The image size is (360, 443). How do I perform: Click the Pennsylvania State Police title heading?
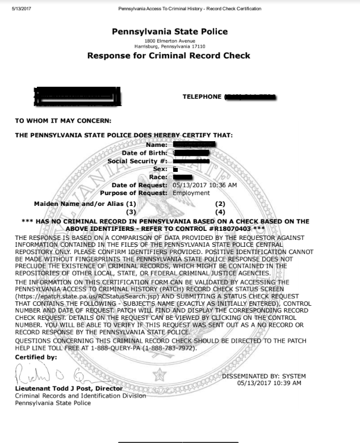coord(170,32)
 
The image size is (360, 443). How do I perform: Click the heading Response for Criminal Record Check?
coord(169,56)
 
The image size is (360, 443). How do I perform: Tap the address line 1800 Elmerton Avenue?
coord(169,41)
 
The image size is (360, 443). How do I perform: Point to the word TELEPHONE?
coord(202,96)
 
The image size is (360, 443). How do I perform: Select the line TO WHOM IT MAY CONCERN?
coord(63,120)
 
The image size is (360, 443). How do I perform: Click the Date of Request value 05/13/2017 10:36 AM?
coord(204,185)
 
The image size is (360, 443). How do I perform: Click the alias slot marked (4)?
coord(221,211)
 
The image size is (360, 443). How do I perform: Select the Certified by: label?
coord(36,357)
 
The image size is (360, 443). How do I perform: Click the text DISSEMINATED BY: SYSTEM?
coord(263,376)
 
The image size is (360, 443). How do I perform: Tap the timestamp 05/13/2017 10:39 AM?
coord(269,383)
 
